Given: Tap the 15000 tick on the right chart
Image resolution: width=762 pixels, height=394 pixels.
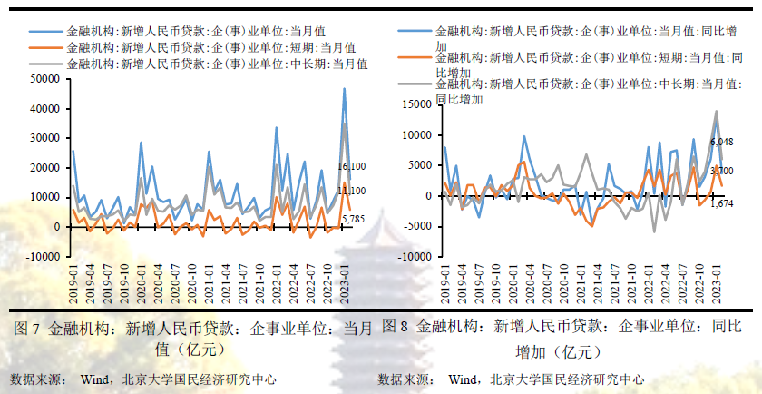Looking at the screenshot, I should [416, 104].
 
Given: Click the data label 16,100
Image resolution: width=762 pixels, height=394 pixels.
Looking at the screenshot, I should [351, 167].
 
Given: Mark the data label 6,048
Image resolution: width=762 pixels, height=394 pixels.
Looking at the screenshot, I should [722, 143].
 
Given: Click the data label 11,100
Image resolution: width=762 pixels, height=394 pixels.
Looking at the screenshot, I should [351, 191].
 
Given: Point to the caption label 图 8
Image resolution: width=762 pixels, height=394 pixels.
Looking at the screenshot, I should [396, 326].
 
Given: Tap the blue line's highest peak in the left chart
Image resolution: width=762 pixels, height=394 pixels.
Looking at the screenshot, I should [344, 88].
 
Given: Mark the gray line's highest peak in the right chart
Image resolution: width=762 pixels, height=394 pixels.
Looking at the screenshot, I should [717, 112].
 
